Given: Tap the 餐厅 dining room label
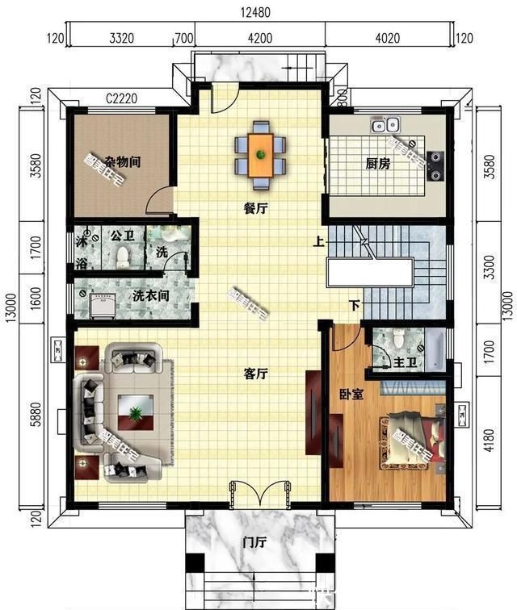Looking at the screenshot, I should point(255,207).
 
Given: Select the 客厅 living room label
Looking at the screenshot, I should point(255,374).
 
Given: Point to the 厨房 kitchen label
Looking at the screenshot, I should point(378,164).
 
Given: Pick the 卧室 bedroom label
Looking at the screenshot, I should point(351,395).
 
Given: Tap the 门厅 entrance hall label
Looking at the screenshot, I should point(255,542).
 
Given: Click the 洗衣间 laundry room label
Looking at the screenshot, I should point(151,295).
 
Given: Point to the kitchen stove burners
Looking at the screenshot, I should point(435,164).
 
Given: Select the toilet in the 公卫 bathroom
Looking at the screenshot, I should point(123,256).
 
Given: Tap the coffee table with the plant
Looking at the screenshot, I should point(134,413).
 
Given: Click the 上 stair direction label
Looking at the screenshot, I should point(320,240).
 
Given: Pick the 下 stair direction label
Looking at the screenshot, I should point(354,305).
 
